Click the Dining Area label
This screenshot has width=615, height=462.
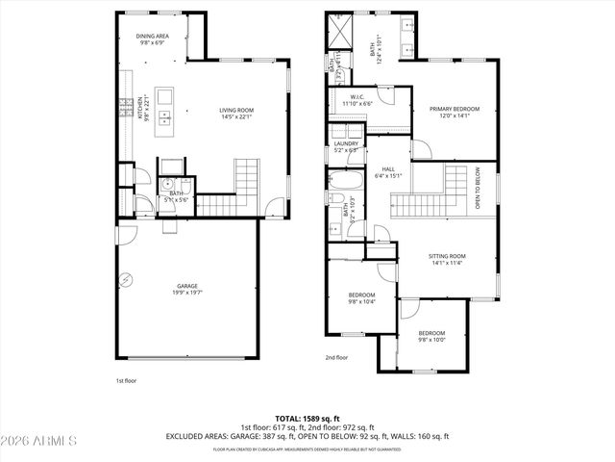click(x=153, y=39)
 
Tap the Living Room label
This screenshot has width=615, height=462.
click(x=235, y=115)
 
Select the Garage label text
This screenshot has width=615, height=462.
click(x=186, y=289)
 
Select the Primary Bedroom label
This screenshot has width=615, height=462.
click(x=454, y=112)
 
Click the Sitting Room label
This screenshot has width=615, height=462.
click(x=447, y=259)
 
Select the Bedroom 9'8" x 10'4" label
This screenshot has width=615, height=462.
click(x=360, y=297)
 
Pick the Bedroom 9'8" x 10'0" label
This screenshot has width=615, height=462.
click(x=430, y=336)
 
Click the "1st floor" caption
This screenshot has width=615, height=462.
click(x=126, y=381)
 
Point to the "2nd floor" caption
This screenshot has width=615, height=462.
click(x=336, y=357)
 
